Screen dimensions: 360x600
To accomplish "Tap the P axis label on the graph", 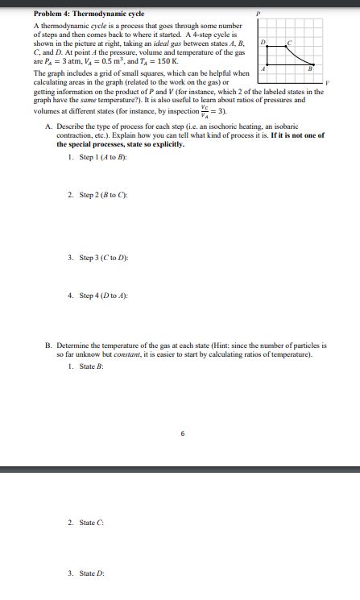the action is coord(258,14).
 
